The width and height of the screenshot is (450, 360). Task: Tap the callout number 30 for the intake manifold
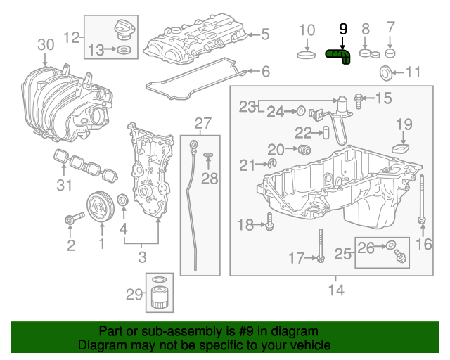click(46, 44)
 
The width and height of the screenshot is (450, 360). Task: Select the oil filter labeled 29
click(160, 296)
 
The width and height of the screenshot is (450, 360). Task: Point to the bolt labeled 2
click(71, 221)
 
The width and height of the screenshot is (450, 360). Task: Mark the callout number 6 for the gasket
click(265, 71)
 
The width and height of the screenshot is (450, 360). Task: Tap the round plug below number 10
click(307, 54)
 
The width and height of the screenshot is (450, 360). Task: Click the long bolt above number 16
click(421, 200)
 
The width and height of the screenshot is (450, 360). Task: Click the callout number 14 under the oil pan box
click(335, 288)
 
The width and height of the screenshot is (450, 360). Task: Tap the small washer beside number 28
click(209, 155)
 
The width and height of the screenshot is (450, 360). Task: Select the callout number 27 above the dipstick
click(202, 124)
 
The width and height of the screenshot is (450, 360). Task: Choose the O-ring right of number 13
click(124, 51)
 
